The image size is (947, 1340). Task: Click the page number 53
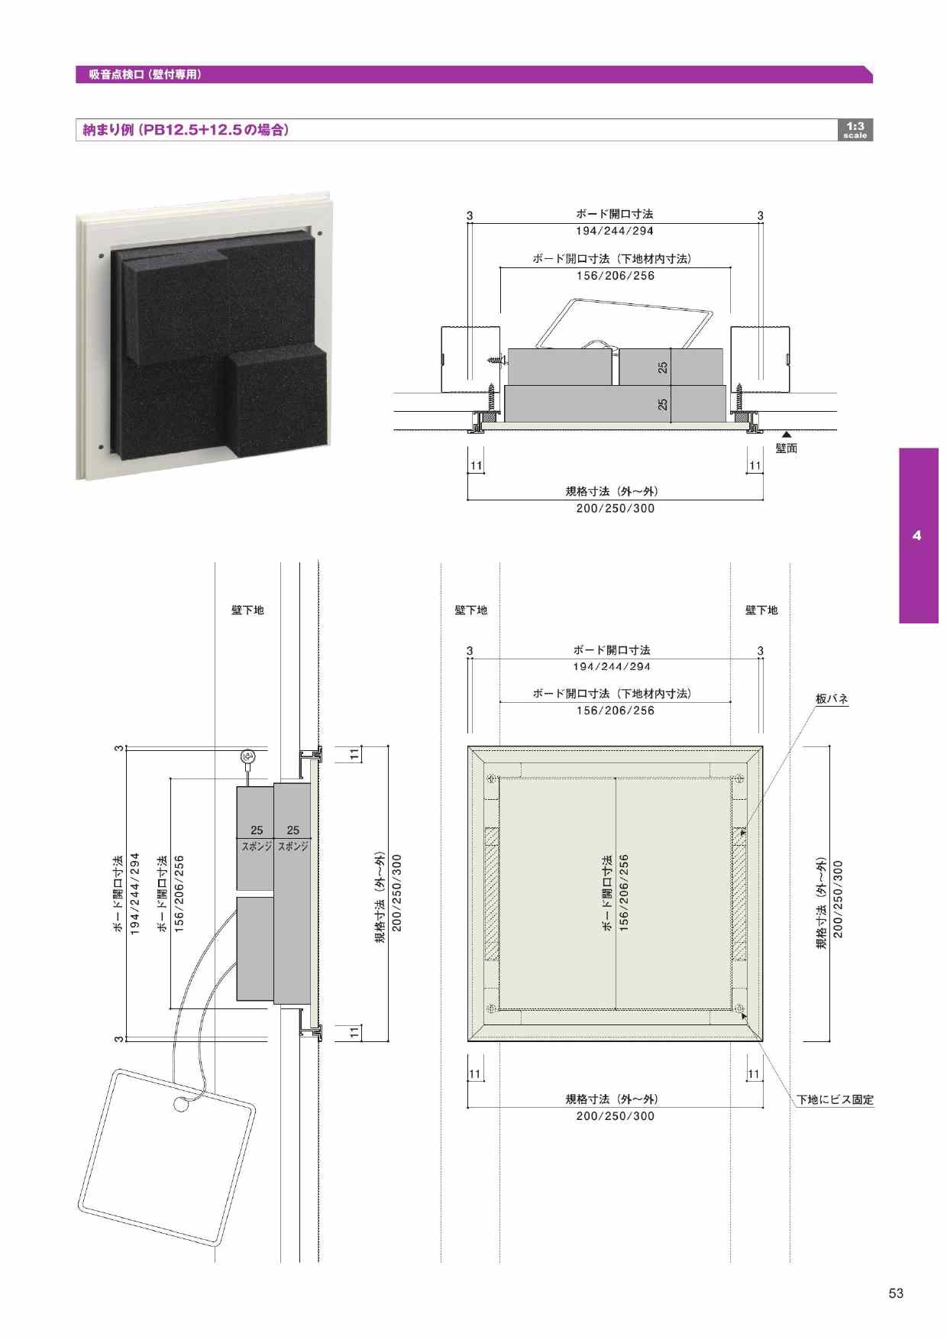pyautogui.click(x=896, y=1293)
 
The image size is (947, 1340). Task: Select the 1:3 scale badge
pyautogui.click(x=855, y=130)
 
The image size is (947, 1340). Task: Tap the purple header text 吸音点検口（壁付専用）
pyautogui.click(x=145, y=74)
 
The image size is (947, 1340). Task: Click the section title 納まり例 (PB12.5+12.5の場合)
pyautogui.click(x=186, y=130)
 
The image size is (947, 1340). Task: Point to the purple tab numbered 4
pyautogui.click(x=918, y=536)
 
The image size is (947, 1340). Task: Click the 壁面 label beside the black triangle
pyautogui.click(x=787, y=448)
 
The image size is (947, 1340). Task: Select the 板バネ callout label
pyautogui.click(x=832, y=699)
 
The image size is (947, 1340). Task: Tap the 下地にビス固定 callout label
pyautogui.click(x=835, y=1099)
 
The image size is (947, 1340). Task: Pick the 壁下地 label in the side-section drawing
pyautogui.click(x=247, y=610)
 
